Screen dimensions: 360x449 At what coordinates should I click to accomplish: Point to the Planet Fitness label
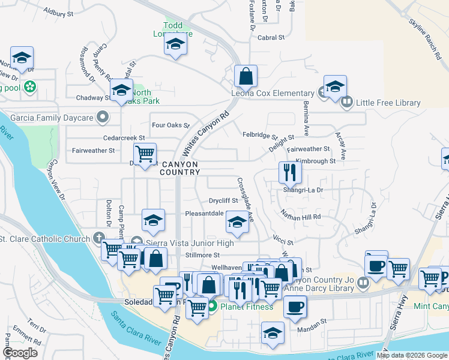coord(246,307)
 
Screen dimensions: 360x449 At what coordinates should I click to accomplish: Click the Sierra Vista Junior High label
coord(187,243)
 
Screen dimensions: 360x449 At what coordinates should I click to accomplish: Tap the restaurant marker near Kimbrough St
coord(290,173)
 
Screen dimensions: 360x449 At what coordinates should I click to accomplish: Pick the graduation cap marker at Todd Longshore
coord(175,44)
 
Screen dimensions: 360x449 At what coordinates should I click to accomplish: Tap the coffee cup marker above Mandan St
coord(294,307)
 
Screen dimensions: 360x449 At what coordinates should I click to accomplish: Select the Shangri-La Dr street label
coord(303,190)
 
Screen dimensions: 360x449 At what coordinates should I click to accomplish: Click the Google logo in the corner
coord(20,353)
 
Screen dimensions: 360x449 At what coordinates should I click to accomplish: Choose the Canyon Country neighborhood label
coord(179,168)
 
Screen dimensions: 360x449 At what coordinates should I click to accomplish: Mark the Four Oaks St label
coord(170,125)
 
